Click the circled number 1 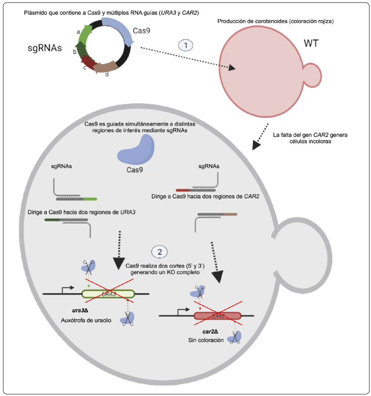pyautogui.click(x=186, y=45)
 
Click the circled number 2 pyautogui.click(x=159, y=251)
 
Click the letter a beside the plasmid pyautogui.click(x=79, y=31)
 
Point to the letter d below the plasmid pyautogui.click(x=106, y=75)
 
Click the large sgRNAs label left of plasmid pyautogui.click(x=45, y=49)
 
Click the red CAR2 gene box pyautogui.click(x=217, y=316)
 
